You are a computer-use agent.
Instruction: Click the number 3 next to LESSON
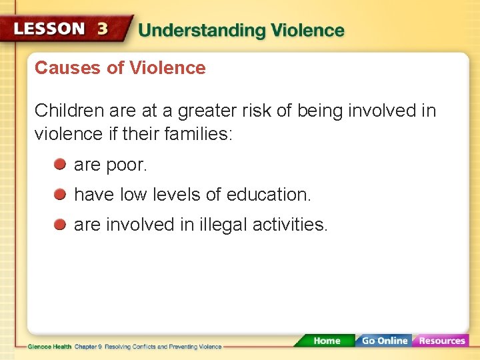point(102,30)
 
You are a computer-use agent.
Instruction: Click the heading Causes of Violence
point(120,68)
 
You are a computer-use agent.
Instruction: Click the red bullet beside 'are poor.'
point(60,164)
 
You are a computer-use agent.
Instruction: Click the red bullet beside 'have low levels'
point(60,194)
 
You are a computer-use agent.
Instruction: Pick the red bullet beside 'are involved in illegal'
point(60,224)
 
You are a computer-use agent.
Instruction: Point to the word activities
point(290,225)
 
